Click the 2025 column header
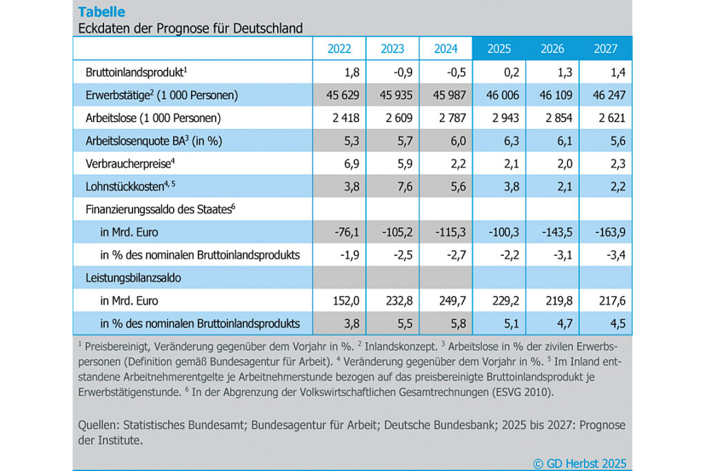point(499,49)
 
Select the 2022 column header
point(339,49)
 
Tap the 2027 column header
point(605,49)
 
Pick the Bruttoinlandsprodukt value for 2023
point(392,72)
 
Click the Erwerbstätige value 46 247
point(606,95)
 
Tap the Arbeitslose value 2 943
point(498,118)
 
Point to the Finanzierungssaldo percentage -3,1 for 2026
point(554,254)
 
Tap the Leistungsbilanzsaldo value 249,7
point(446,300)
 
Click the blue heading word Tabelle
point(102,12)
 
